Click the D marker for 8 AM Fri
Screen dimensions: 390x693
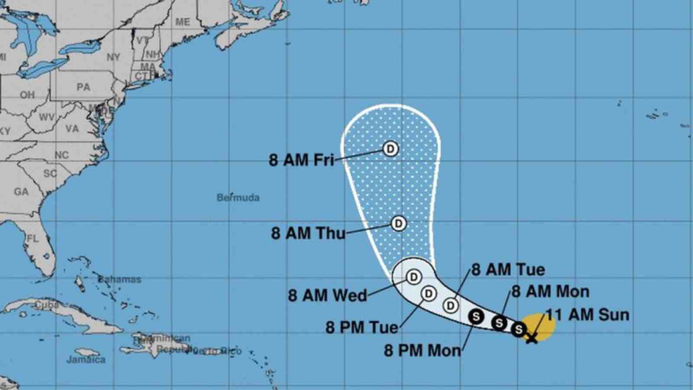tap(391, 149)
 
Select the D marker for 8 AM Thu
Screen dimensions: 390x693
tap(398, 224)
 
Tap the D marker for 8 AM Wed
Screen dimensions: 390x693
tap(414, 276)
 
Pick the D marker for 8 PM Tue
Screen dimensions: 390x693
tap(428, 294)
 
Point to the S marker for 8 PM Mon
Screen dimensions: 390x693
tap(476, 317)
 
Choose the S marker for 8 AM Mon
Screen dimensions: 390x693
tap(499, 323)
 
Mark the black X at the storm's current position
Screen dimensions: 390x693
tap(531, 338)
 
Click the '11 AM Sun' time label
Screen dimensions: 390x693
tap(587, 315)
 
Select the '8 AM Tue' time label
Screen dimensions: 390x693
tap(508, 270)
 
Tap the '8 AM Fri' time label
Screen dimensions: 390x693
tap(301, 160)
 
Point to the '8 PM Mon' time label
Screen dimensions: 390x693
tap(422, 350)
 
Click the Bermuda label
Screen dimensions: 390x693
tap(238, 198)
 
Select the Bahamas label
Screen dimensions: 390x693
tap(120, 279)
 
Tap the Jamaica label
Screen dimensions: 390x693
tap(86, 359)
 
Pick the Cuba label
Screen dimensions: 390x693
tap(47, 305)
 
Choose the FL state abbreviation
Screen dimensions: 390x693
tap(33, 238)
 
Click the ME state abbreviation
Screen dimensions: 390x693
tap(182, 22)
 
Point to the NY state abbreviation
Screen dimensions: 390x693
tap(113, 57)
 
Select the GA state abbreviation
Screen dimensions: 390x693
tap(21, 192)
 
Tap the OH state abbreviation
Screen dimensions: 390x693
tap(27, 94)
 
